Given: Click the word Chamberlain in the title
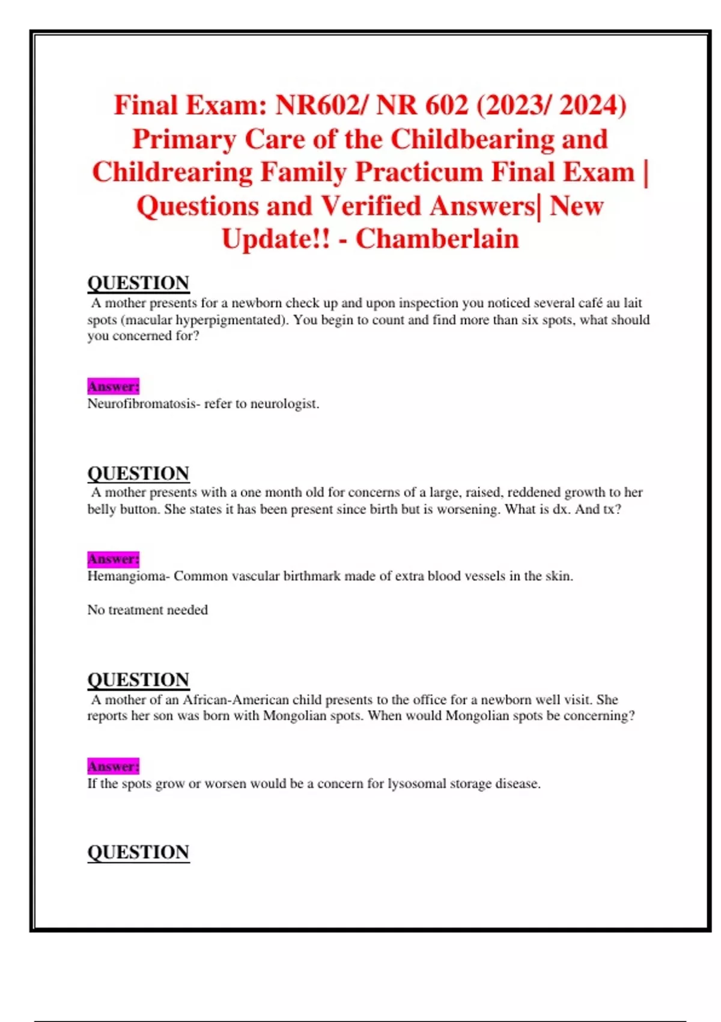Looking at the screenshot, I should point(437,239).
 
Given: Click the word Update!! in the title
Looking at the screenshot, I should point(276,239).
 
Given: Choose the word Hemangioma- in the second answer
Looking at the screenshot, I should point(129,576).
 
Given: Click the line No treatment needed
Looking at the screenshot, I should point(147,610).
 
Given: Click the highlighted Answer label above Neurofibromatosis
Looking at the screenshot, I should point(113,386).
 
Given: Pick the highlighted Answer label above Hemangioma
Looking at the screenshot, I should point(113,559).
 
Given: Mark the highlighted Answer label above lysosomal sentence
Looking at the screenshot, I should point(113,766).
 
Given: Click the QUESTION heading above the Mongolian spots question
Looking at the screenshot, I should point(138,680).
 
